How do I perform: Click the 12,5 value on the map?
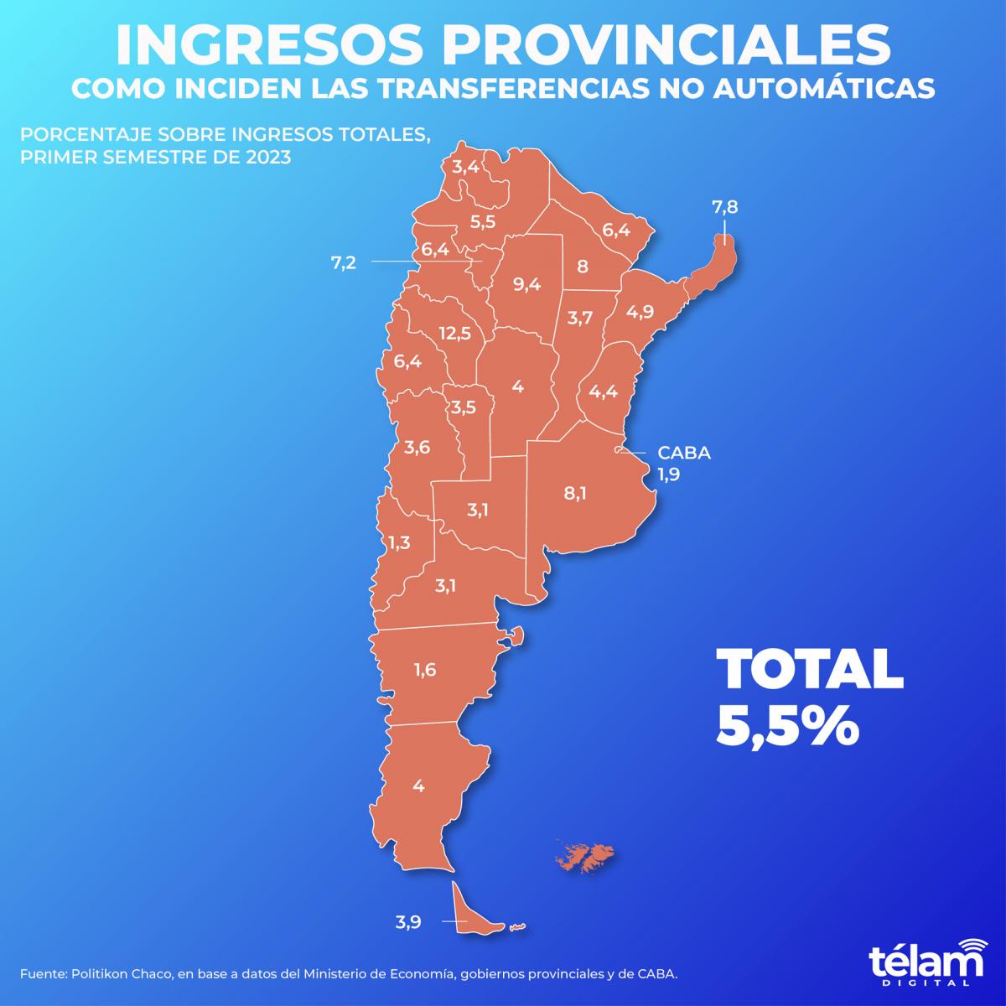(x=454, y=334)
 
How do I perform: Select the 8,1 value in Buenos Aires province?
(x=575, y=493)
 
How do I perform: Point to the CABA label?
(x=684, y=454)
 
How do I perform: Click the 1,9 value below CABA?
(x=668, y=474)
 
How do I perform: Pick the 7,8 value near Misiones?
(x=725, y=209)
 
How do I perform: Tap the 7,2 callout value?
(x=344, y=262)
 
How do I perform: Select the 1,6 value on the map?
(x=425, y=670)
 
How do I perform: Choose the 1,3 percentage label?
(x=399, y=543)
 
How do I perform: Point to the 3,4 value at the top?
(x=465, y=166)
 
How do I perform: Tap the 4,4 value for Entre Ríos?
(x=603, y=391)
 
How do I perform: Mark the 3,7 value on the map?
(x=580, y=318)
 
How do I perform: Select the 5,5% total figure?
(x=788, y=726)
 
